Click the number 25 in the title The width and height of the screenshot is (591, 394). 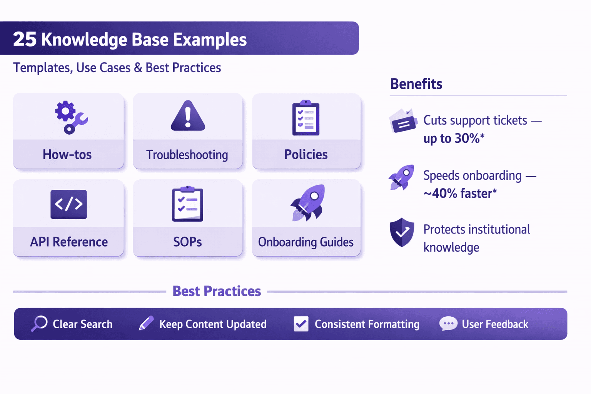[25, 39]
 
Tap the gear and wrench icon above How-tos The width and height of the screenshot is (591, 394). [70, 117]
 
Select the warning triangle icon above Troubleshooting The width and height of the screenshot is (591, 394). [188, 116]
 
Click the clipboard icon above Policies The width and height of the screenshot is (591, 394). [306, 118]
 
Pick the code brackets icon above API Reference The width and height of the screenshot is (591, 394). [68, 204]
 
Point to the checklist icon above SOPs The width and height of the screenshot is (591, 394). [187, 204]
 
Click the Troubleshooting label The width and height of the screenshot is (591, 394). [187, 155]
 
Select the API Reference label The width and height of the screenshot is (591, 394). [69, 242]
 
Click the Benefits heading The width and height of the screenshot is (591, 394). [416, 84]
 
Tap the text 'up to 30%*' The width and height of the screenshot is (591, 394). [454, 139]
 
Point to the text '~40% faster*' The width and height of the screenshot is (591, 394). [460, 194]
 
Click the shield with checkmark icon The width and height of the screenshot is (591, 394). [402, 232]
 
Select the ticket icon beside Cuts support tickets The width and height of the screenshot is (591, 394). [403, 121]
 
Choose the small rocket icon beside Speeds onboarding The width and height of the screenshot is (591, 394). [402, 177]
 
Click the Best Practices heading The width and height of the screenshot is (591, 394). [217, 291]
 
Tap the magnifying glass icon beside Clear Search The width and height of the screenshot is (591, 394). [39, 324]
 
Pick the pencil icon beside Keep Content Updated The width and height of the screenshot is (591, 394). [146, 323]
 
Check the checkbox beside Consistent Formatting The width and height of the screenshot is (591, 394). [301, 324]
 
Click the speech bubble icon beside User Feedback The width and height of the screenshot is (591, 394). [448, 324]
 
